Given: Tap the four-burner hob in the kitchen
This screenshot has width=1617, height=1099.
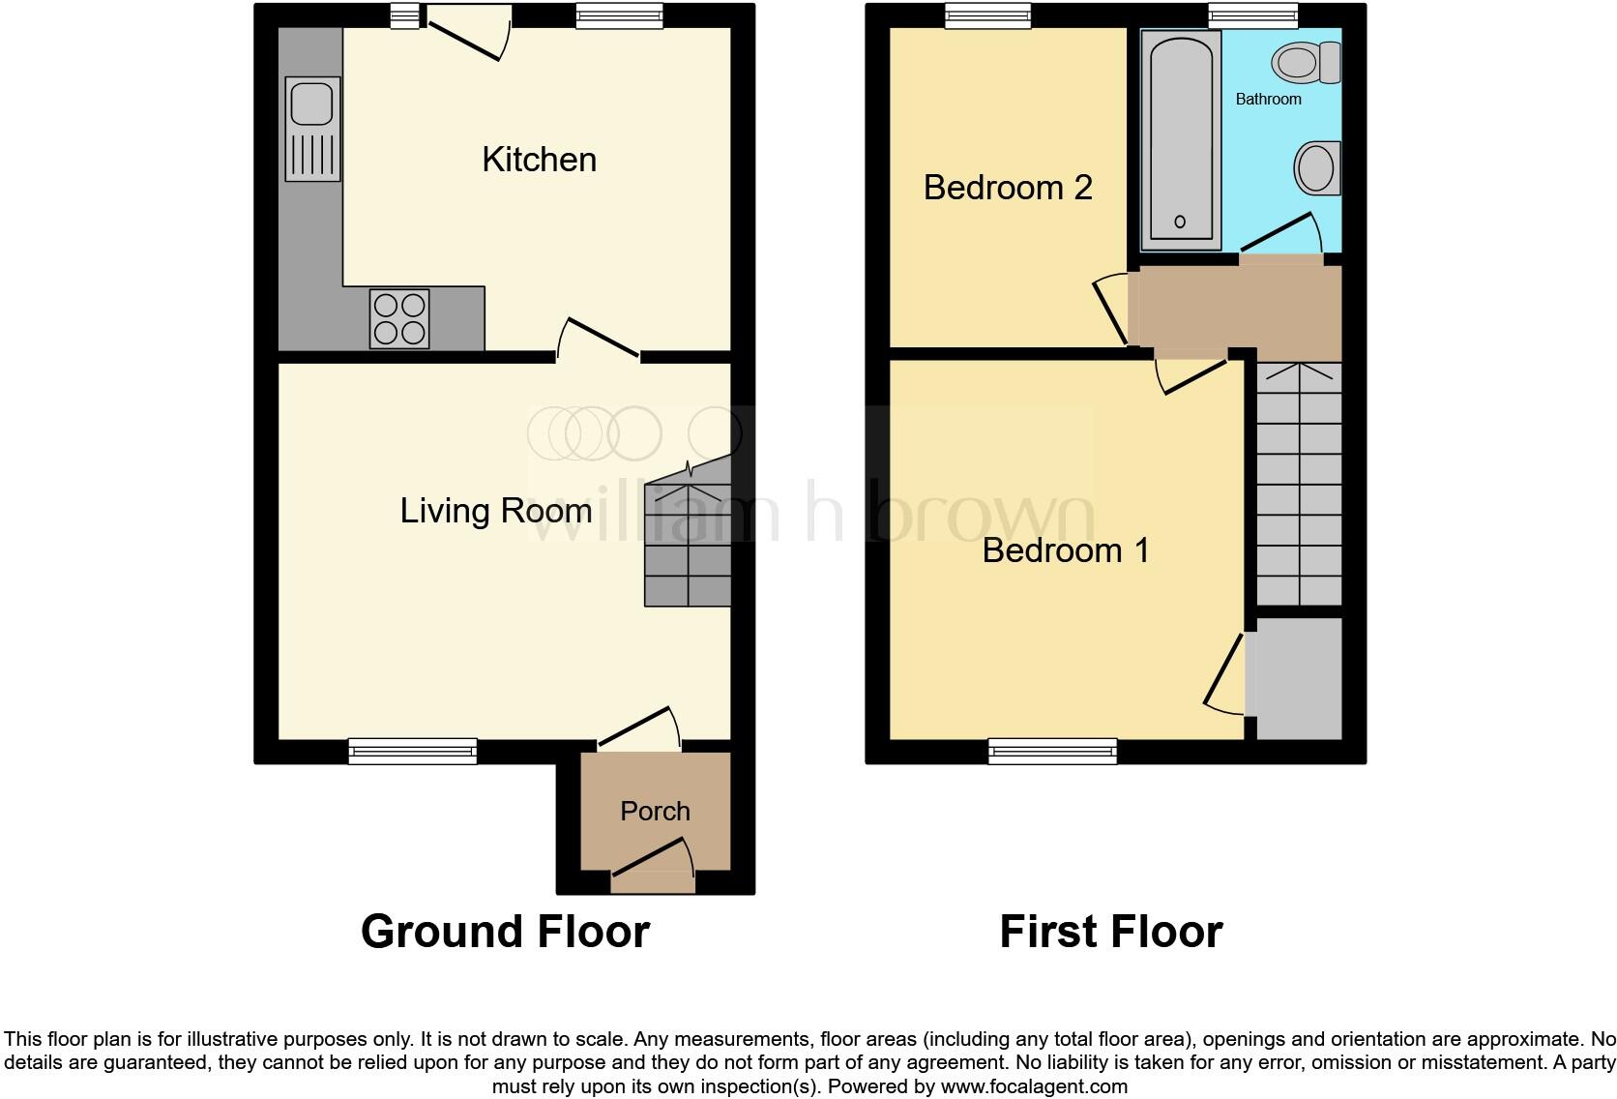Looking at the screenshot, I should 400,319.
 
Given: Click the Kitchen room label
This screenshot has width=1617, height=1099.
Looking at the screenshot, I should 539,160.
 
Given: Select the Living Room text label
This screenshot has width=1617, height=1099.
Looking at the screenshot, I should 495,511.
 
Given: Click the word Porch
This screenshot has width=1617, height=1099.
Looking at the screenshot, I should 655,811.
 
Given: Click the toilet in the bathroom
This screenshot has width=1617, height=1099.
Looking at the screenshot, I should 1306,64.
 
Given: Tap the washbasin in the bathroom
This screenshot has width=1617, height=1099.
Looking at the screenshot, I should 1316,168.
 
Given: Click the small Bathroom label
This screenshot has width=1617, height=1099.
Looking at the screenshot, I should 1268,99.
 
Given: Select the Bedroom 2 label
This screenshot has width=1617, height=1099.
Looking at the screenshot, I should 1008,187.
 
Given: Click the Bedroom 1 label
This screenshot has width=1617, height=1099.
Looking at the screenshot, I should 1066,550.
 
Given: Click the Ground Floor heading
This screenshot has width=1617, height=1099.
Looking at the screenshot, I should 505,932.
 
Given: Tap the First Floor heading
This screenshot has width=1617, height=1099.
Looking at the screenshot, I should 1110,932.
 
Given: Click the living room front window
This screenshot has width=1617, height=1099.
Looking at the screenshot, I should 413,751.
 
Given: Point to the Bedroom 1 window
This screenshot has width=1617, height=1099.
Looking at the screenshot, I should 1052,751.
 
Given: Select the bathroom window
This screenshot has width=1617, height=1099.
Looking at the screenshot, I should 1253,15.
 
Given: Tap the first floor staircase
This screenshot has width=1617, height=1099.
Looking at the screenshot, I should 1299,484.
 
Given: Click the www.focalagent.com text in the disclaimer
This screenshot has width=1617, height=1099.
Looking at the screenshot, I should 1033,1086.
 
